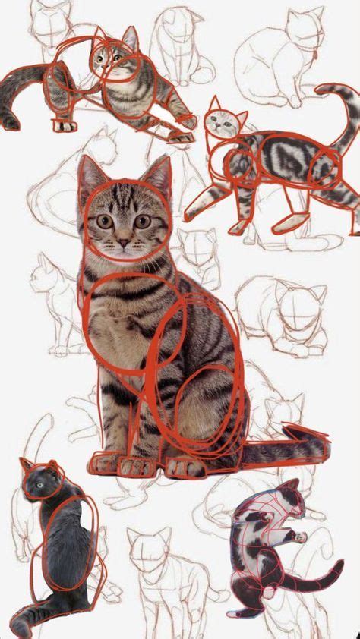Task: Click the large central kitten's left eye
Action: pos(105,221)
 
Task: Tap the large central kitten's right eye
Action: pos(143,221)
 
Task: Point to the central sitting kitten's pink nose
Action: pos(123,242)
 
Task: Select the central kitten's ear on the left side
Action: pos(90,173)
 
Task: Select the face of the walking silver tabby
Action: pos(223,121)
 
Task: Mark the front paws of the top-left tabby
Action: pos(65,124)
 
